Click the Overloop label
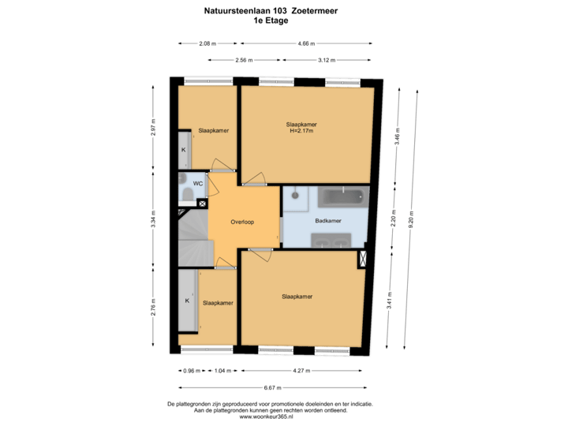click(x=242, y=222)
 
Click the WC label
click(x=198, y=182)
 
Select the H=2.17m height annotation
click(x=301, y=132)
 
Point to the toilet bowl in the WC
click(x=186, y=194)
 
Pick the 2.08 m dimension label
click(x=207, y=43)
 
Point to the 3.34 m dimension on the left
click(x=153, y=217)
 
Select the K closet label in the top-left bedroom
click(x=184, y=149)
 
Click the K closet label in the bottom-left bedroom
click(x=187, y=301)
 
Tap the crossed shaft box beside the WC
click(x=203, y=204)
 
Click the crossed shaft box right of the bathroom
click(x=363, y=258)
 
